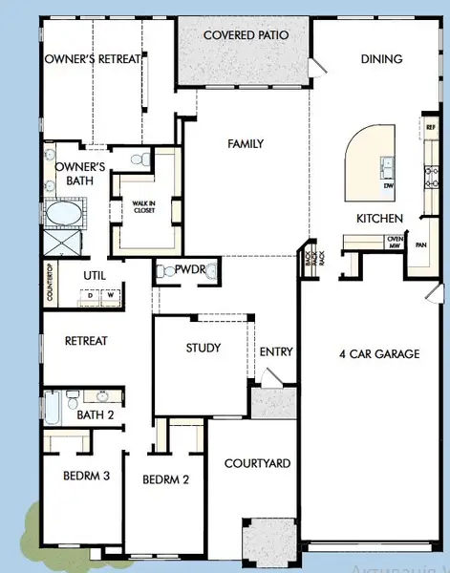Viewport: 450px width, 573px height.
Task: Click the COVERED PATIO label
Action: (x=246, y=35)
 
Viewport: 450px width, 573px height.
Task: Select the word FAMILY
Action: (x=246, y=144)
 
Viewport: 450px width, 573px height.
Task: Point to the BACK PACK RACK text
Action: (x=310, y=260)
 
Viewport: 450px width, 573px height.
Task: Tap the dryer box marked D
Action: (x=91, y=295)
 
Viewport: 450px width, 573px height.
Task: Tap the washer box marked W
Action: (x=110, y=295)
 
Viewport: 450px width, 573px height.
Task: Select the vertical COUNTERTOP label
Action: (x=49, y=284)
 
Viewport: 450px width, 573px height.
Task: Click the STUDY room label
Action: (x=204, y=348)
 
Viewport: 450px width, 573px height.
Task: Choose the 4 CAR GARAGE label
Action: (x=379, y=354)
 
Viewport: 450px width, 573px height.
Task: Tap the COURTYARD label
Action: (x=257, y=464)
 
